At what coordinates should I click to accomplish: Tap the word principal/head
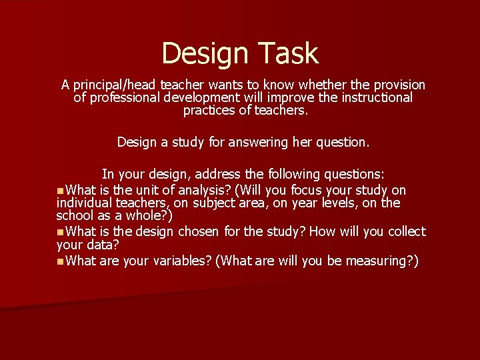pos(115,85)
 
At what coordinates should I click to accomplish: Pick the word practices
pos(211,111)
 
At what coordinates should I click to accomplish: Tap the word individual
pos(85,203)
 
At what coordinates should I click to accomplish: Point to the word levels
pos(357,203)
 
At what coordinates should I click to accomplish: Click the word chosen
pos(198,232)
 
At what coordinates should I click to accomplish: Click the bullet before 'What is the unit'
pos(61,191)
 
